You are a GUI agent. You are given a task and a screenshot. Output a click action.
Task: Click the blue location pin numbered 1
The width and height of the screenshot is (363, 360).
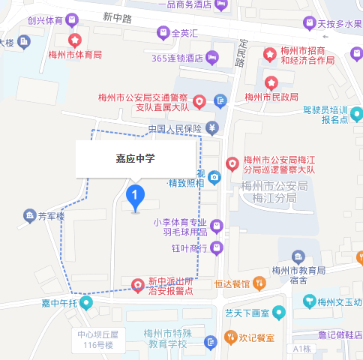coord(135,197)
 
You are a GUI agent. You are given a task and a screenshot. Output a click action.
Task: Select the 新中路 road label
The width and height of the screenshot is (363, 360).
coord(118,16)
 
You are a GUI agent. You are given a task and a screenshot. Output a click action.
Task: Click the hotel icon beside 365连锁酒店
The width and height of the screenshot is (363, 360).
coord(212,57)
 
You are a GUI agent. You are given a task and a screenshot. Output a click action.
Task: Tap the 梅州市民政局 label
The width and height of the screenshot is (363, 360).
coord(271,97)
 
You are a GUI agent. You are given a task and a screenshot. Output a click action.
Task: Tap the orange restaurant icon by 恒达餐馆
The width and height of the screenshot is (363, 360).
coord(259,283)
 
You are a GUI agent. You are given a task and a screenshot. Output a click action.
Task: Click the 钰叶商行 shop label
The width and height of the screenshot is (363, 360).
coord(189,248)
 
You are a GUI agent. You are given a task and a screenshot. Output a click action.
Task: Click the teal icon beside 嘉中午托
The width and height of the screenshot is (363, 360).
coord(86,303)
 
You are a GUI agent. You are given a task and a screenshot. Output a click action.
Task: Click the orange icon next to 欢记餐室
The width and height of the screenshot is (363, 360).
coord(211,338)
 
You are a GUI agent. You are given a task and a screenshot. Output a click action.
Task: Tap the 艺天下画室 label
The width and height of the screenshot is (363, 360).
coord(245,311)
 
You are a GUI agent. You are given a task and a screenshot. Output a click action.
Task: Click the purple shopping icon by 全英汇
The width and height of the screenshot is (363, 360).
coord(162,32)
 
